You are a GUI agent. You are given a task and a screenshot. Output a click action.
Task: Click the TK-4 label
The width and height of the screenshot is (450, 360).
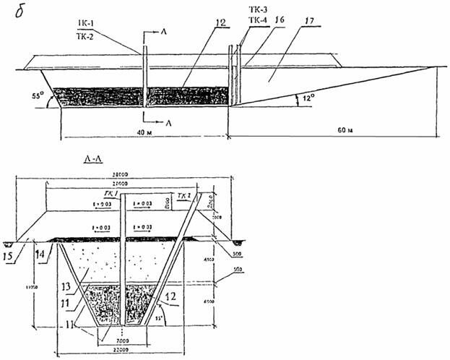(256, 22)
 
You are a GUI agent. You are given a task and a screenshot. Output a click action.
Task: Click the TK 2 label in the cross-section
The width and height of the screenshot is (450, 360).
(183, 195)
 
